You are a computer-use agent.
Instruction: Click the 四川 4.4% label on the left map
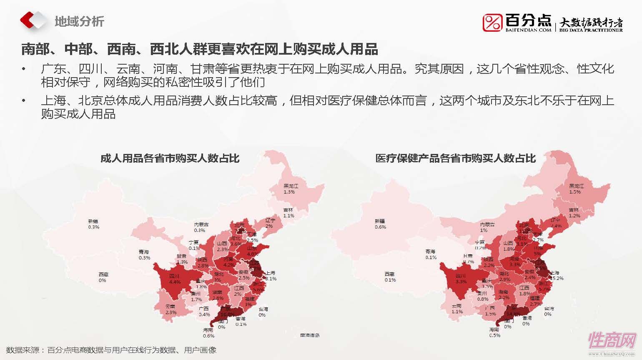174,279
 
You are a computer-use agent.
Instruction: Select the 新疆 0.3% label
94,224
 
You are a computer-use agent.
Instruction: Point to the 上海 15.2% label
557,275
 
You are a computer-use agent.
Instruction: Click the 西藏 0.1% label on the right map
390,277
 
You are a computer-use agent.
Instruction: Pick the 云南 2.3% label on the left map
171,309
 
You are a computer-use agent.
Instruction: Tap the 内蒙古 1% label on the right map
487,227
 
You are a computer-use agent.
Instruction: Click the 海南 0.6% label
208,332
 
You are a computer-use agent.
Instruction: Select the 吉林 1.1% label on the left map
288,213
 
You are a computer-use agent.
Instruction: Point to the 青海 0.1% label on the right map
431,254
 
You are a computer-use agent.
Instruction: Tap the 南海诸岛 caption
310,335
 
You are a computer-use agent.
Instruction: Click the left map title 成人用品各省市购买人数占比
170,159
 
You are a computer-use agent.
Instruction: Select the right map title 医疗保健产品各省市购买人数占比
455,159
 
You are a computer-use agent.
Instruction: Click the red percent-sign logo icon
492,23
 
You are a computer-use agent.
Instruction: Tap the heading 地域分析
79,21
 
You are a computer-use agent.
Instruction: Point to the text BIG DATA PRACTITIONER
591,30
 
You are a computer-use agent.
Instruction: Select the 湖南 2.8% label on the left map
218,295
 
